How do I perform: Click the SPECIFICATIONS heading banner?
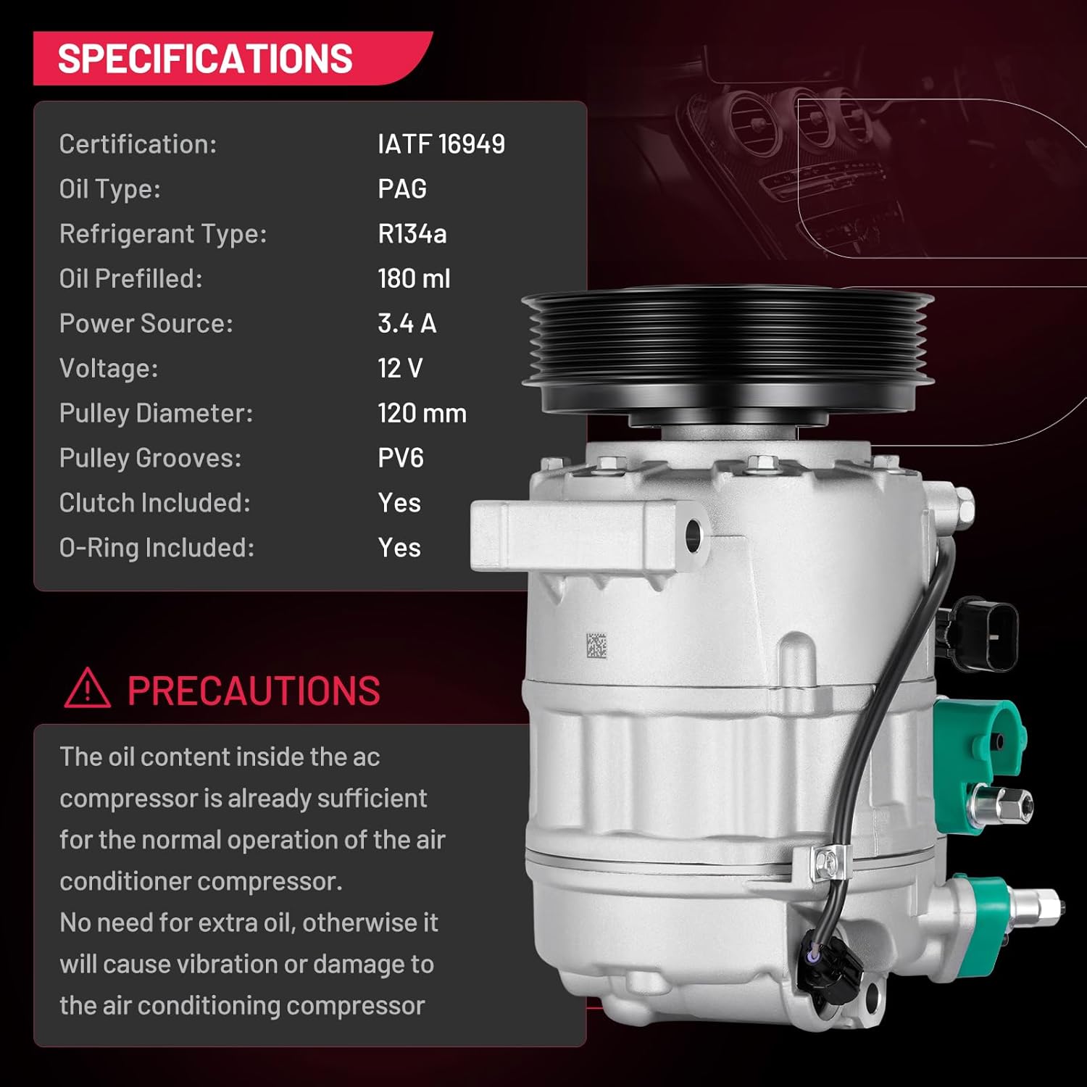205,59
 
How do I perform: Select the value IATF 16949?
441,144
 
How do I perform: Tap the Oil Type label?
109,189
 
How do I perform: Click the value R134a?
412,234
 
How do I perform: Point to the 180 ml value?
414,279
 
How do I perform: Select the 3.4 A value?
407,324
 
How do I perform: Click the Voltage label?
108,369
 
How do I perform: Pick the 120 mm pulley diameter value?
422,414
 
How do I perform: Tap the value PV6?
400,459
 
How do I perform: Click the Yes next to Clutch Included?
399,503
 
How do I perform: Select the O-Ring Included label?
157,548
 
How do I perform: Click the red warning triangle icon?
87,688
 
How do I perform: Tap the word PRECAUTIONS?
254,691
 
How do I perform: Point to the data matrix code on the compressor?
596,646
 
